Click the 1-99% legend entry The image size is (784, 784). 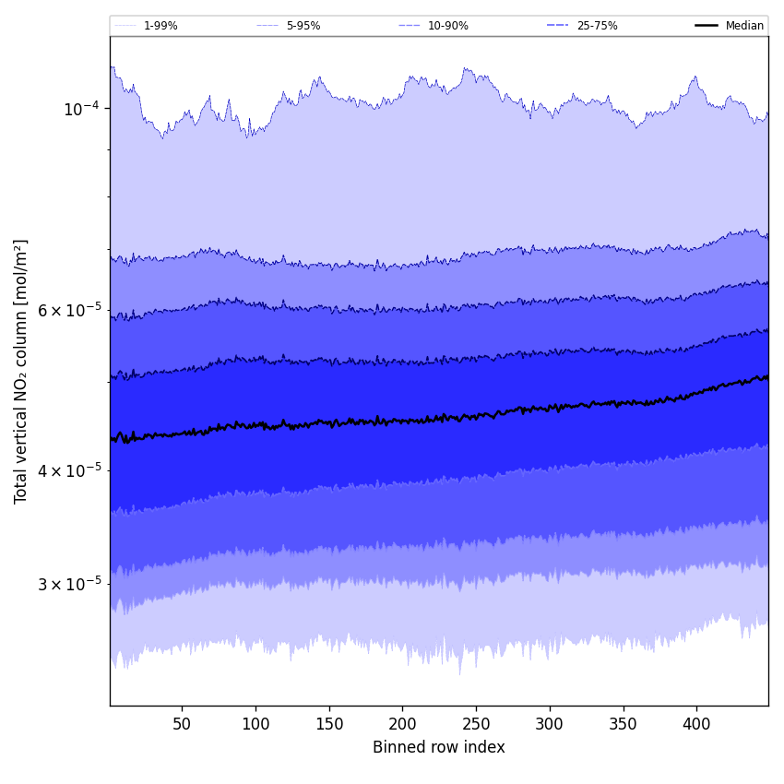[160, 26]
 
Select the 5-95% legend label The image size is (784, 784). [303, 26]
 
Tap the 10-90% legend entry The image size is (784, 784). [447, 26]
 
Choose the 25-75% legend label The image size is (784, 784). [597, 26]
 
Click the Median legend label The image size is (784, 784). [744, 26]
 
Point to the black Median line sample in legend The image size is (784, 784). [707, 26]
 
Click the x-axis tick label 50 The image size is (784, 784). [182, 724]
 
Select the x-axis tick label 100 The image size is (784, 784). [255, 724]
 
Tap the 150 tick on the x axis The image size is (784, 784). [329, 724]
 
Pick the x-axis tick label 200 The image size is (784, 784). [402, 724]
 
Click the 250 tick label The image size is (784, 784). [476, 724]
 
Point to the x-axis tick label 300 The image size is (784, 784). [550, 724]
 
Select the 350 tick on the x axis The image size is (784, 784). [624, 724]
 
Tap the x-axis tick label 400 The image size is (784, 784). [696, 724]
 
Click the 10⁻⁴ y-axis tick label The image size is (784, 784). [80, 109]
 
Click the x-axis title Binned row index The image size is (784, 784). [439, 747]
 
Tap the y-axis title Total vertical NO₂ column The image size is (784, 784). [21, 371]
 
